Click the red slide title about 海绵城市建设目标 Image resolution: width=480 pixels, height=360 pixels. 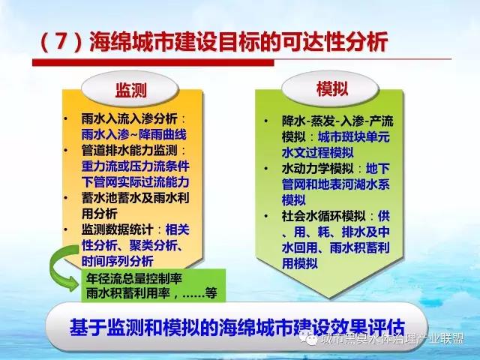pyautogui.click(x=214, y=41)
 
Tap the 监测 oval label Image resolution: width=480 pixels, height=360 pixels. pyautogui.click(x=130, y=89)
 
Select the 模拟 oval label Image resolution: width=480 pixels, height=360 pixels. pyautogui.click(x=331, y=88)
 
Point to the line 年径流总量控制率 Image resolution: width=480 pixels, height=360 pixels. pyautogui.click(x=134, y=278)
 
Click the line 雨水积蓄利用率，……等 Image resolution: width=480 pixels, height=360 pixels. pyautogui.click(x=151, y=293)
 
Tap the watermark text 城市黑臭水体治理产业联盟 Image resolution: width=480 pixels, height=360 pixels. pyautogui.click(x=393, y=339)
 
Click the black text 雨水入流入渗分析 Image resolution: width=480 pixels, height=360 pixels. pyautogui.click(x=129, y=118)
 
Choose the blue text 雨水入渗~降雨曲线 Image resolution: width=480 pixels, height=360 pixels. pyautogui.click(x=133, y=134)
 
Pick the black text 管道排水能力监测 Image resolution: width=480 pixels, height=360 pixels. pyautogui.click(x=129, y=150)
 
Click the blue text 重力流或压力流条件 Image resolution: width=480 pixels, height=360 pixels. pyautogui.click(x=135, y=166)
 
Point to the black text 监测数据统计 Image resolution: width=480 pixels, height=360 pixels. pyautogui.click(x=117, y=229)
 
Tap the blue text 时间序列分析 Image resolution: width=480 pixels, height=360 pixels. pyautogui.click(x=117, y=261)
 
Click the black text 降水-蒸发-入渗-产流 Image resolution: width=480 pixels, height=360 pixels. pyautogui.click(x=337, y=121)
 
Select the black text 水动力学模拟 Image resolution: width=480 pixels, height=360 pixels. pyautogui.click(x=317, y=168)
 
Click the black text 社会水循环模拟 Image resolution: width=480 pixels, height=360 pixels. pyautogui.click(x=323, y=216)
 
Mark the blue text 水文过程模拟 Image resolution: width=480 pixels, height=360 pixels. pyautogui.click(x=317, y=152)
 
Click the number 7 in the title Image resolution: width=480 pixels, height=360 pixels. pyautogui.click(x=61, y=41)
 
